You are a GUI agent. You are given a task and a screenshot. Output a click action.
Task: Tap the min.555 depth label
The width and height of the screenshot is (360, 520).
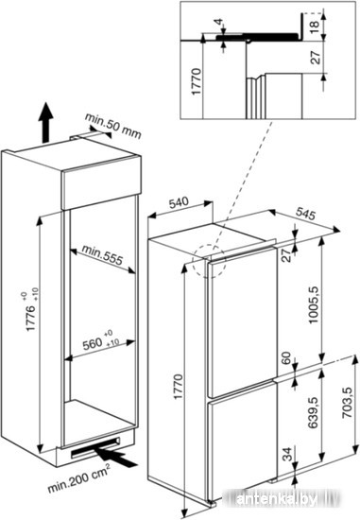point(102,254)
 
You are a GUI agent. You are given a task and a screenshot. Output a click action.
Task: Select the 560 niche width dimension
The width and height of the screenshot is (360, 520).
point(101,341)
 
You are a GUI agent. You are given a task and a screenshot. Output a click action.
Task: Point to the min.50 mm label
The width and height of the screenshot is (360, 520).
point(113,127)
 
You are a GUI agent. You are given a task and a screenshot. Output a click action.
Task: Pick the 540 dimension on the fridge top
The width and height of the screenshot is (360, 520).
point(179,202)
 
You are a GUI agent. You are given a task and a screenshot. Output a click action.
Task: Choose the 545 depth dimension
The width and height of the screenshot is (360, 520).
point(304,214)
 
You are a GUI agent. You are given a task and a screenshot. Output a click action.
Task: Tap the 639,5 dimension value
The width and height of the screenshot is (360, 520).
point(314,412)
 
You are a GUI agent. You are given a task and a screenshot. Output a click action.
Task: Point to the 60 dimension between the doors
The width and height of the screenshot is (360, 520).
point(286,357)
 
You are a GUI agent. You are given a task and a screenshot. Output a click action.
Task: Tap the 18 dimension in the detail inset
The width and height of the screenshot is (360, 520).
point(315,25)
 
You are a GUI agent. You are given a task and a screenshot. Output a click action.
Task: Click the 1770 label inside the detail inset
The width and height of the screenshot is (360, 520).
point(197,81)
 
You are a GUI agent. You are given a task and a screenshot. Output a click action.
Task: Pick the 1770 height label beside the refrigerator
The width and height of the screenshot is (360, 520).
point(178,387)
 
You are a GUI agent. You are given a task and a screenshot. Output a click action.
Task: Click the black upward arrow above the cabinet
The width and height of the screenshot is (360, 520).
point(44,123)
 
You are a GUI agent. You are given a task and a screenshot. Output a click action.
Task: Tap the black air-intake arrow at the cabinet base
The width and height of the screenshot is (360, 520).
point(115,457)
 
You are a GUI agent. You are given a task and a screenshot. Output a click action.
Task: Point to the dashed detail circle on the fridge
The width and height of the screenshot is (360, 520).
point(209,261)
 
